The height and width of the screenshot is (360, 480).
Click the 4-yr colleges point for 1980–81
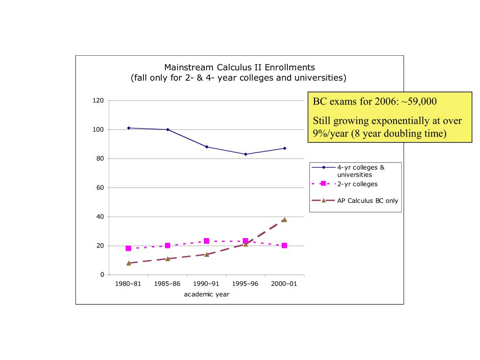coord(128,128)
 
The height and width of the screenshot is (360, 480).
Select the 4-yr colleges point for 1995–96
coord(245,154)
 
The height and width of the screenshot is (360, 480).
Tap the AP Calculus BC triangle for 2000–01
coord(284,219)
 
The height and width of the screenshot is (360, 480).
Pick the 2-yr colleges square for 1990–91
coord(206,241)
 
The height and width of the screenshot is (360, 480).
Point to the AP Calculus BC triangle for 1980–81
coord(128,263)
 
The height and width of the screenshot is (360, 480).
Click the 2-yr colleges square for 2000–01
coord(284,246)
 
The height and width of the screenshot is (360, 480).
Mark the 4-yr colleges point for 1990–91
coord(206,147)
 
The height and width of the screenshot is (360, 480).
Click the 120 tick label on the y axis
coord(98,100)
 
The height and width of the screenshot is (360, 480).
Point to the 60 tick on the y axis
coord(100,187)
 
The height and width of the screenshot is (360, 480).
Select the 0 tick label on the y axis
coord(102,275)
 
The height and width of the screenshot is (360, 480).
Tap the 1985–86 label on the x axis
coord(167,284)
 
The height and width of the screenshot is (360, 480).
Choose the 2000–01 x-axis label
coord(284,284)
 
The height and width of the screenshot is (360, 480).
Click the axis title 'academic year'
coord(206,294)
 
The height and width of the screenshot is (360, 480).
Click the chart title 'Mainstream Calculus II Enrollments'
coord(239,67)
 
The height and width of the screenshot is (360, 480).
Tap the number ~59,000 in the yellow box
coord(419,102)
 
